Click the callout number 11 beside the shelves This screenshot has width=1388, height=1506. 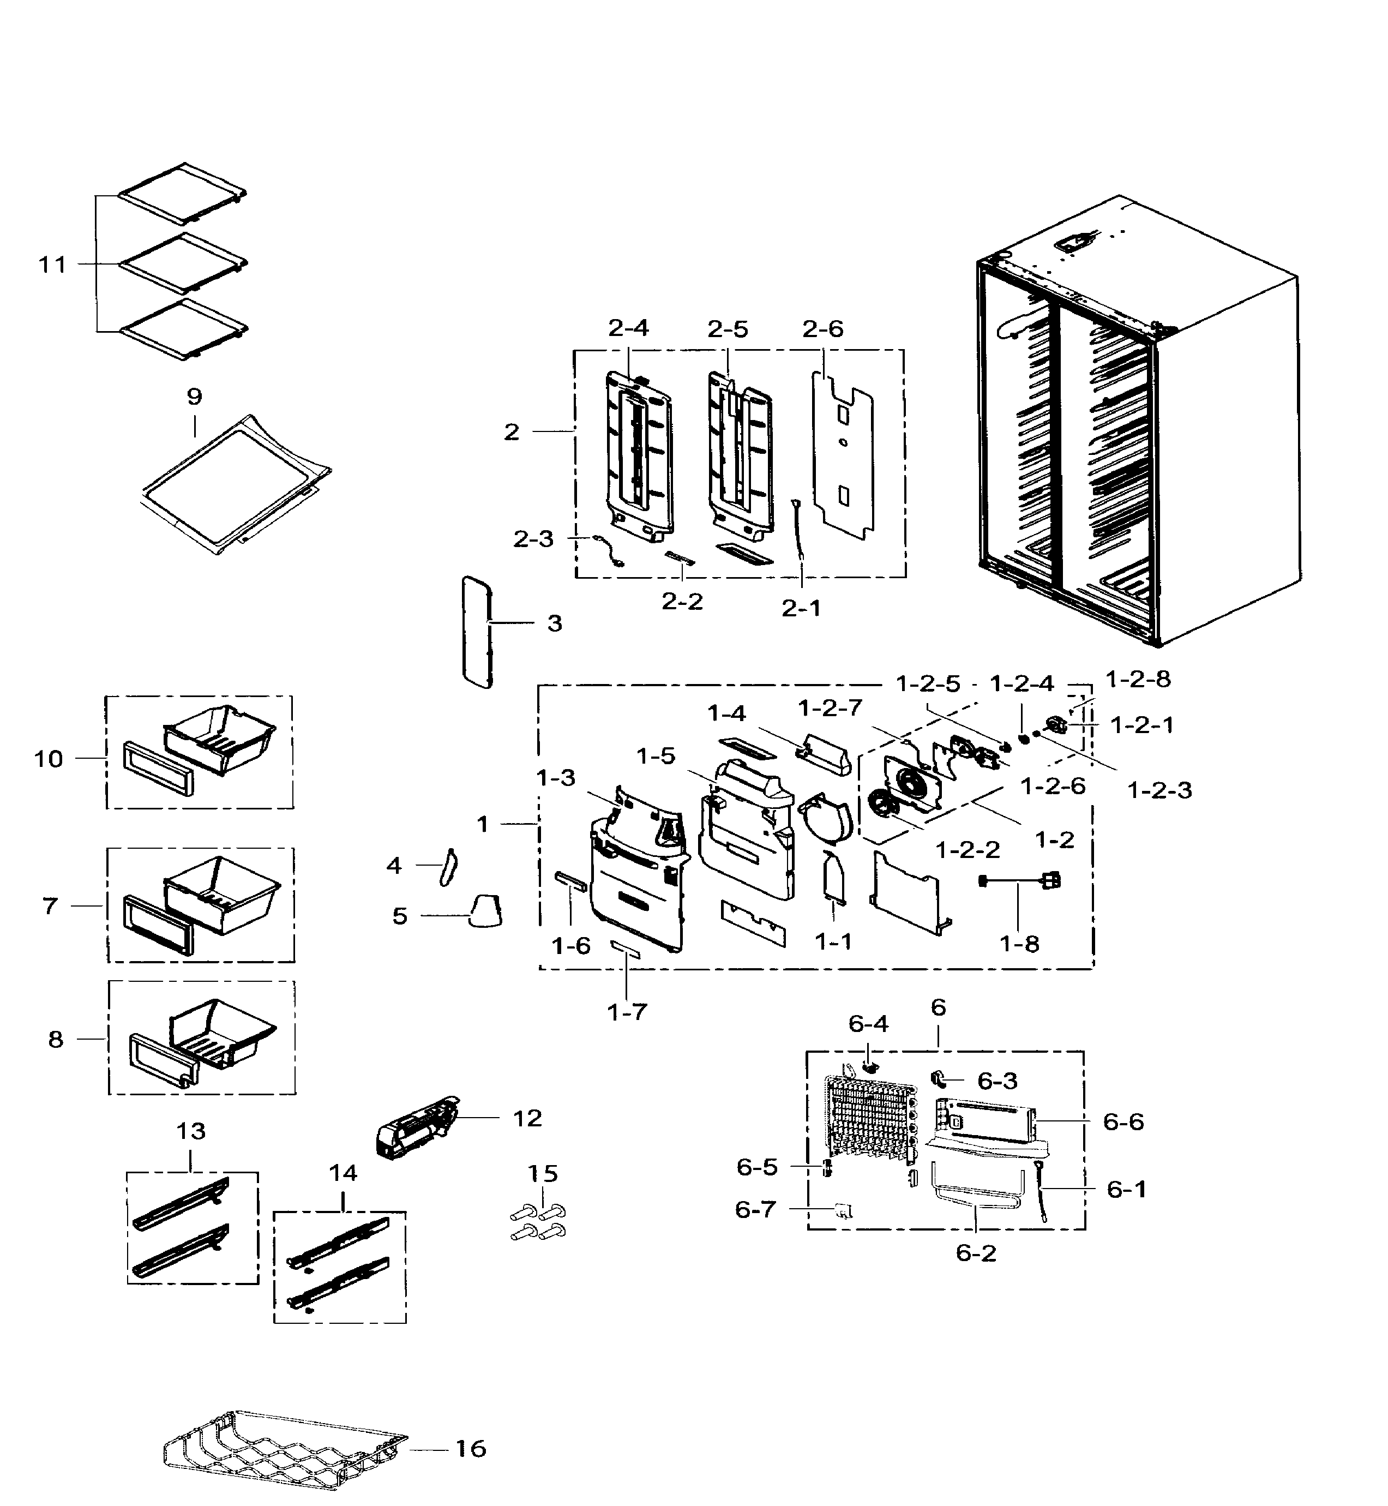coord(52,265)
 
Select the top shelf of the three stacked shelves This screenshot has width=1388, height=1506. coord(183,194)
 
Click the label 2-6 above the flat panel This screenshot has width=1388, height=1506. coord(822,329)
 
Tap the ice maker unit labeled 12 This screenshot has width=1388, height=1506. coord(416,1127)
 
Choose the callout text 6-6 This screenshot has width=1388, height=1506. coord(1123,1121)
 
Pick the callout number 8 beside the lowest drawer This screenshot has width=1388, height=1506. coord(56,1040)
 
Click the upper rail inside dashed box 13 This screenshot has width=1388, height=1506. coord(182,1202)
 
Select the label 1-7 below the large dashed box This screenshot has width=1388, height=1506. coord(627,1012)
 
